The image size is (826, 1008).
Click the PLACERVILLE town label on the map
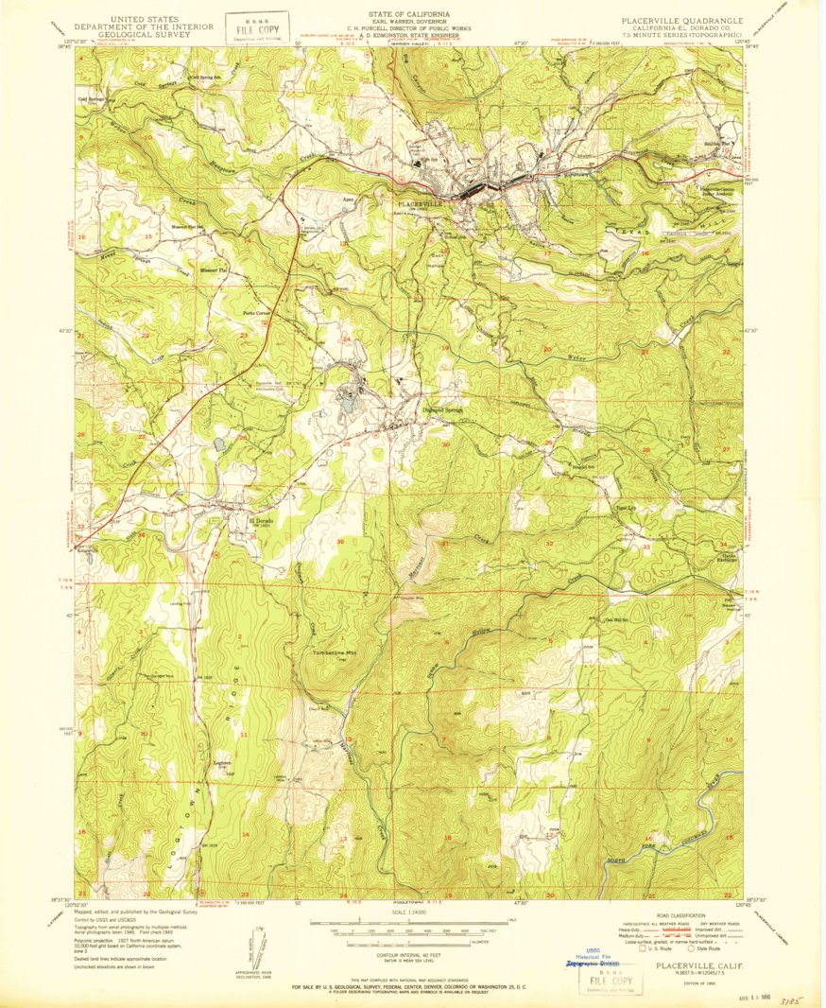point(421,203)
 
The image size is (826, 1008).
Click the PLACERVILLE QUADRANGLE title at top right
point(681,19)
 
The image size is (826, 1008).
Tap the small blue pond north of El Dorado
point(219,442)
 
